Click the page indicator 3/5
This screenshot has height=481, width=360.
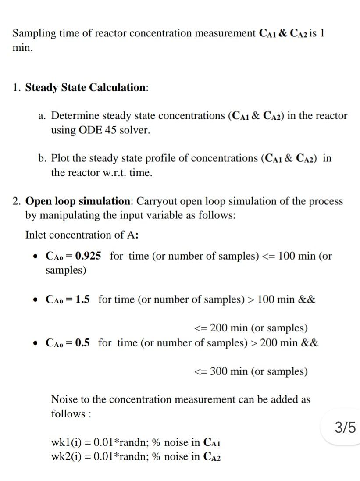click(x=345, y=427)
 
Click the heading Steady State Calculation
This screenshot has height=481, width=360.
click(x=86, y=87)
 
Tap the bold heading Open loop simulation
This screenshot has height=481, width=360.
click(x=77, y=201)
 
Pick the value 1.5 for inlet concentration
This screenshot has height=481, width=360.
click(x=82, y=299)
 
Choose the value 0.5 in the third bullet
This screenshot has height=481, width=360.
click(x=82, y=342)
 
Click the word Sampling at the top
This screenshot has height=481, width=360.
click(x=31, y=33)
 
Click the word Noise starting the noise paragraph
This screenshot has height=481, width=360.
click(x=64, y=399)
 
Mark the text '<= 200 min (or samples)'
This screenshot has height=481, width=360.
click(x=251, y=328)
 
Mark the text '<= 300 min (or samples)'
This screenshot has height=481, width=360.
click(x=251, y=371)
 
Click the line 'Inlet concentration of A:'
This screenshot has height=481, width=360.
click(x=82, y=235)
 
